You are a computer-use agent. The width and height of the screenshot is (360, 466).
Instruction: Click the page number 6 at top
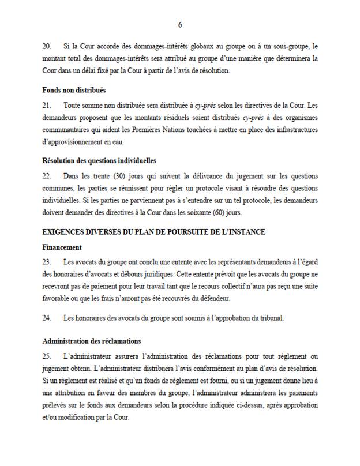(x=179, y=25)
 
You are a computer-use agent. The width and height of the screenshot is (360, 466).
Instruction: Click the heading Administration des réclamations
(x=92, y=341)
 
